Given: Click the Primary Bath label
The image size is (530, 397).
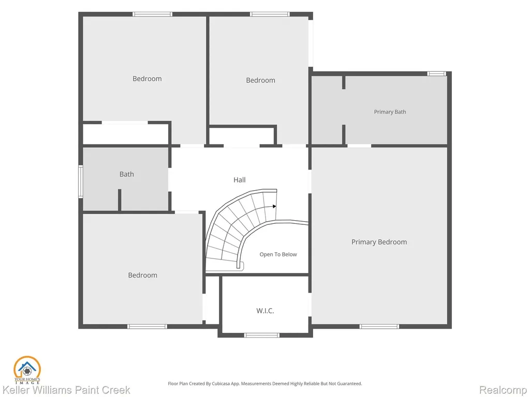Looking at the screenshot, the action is point(390,112).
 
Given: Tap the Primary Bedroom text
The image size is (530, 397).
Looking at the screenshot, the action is point(379,242).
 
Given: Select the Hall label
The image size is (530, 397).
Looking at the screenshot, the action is point(239,179).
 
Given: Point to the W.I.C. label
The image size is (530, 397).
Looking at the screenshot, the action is point(265,311).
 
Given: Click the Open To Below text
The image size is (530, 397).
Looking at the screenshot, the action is point(278,254).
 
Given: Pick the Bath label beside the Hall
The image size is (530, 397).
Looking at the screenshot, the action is point(127,174).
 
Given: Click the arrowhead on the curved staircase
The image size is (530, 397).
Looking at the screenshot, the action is point(274,206).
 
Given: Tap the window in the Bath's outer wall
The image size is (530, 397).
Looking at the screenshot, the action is point(80,181).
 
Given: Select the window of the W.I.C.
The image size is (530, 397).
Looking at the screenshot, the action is point(262,335).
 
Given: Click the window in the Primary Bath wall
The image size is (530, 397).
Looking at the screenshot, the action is point(437,73).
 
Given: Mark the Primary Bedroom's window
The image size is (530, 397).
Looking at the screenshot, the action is point(379,327).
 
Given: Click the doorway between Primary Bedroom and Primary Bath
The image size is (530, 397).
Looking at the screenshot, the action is point(359,146).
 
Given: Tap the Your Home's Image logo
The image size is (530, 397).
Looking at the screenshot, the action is point(27,370).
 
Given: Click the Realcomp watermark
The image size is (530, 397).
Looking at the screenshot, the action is point(503,390).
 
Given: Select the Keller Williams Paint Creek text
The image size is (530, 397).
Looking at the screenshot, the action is point(66,390).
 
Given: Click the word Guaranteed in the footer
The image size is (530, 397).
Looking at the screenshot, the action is point(351,384).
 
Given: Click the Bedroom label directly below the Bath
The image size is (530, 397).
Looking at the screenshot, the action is point(143,275).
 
